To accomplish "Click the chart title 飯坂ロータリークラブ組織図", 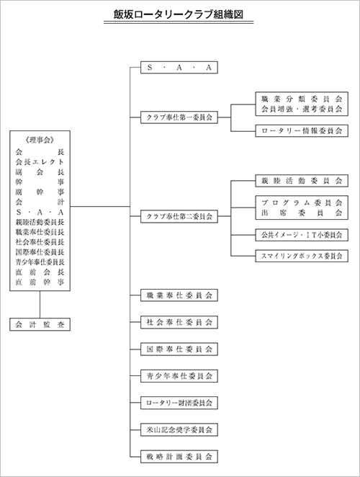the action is [179, 14].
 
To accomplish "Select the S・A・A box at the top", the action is [179, 68].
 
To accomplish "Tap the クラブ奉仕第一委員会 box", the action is [179, 117].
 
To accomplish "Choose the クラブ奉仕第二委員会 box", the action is [179, 216].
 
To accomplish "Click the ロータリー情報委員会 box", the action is [302, 131].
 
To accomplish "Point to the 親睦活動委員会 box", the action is [302, 181].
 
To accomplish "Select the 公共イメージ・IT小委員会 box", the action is [302, 235].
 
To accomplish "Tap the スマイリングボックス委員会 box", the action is [302, 256].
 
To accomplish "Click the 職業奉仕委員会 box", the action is [179, 295].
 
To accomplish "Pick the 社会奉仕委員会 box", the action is [179, 322].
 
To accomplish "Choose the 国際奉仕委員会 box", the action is [179, 349].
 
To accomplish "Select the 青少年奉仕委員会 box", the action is [179, 376].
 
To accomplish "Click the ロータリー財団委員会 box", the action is [179, 403].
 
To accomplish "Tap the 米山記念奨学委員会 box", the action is [179, 429].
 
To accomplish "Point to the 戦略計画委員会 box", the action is [179, 457].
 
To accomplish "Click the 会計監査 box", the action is [40, 324].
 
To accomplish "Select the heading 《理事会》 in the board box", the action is [40, 141].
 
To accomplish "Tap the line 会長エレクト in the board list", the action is [40, 162].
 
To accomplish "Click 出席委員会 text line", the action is [302, 213].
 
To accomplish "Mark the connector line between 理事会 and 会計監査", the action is [40, 305].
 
